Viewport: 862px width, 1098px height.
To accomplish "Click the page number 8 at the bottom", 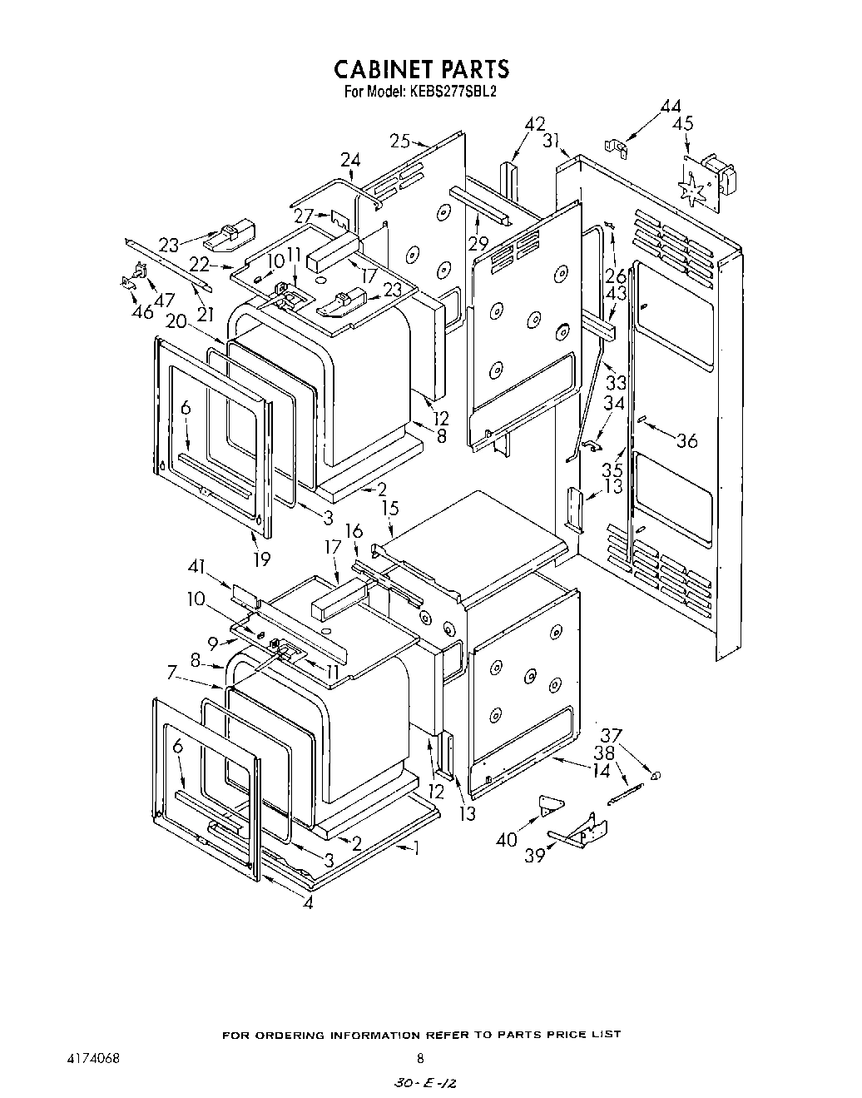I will pos(420,1059).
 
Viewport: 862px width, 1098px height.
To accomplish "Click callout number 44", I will pos(671,107).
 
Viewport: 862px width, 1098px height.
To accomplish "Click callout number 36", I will pos(686,441).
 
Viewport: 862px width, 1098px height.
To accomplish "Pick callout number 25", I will pos(400,141).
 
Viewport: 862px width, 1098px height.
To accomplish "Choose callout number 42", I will pos(535,124).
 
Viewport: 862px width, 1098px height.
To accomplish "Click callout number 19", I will pos(261,559).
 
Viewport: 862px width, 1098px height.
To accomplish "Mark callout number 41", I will pos(196,567).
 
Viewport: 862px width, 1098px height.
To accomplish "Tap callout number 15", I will pos(389,508).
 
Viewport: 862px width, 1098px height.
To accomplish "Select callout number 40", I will pos(506,839).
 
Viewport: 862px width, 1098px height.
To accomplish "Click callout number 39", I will pos(533,857).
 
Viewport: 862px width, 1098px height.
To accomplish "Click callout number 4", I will pos(309,904).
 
